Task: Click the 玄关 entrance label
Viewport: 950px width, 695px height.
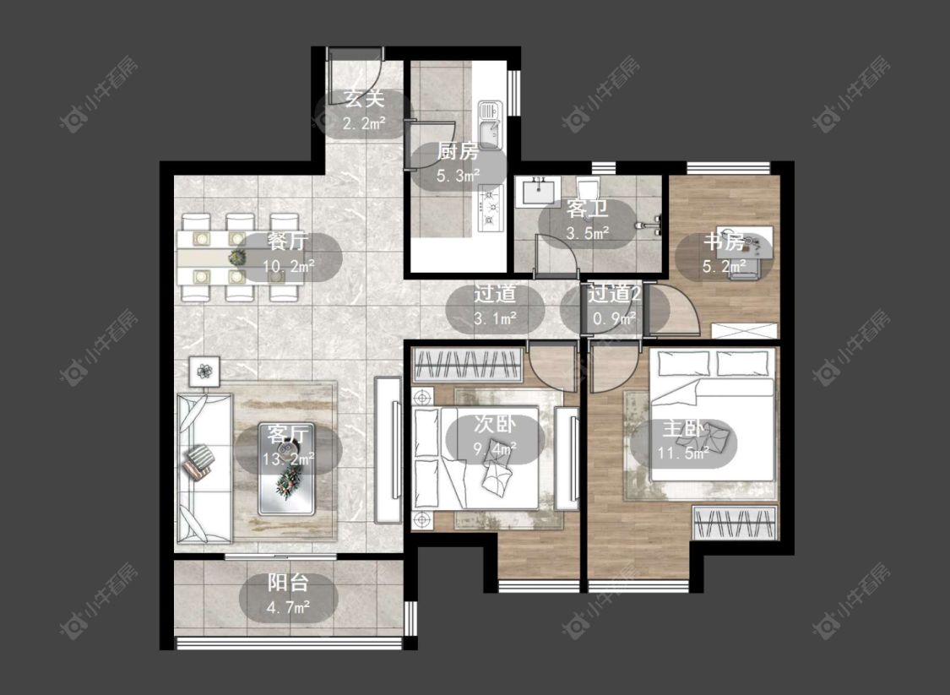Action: (364, 98)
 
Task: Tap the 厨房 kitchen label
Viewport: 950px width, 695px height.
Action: (458, 151)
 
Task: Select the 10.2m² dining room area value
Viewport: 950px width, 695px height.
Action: (289, 265)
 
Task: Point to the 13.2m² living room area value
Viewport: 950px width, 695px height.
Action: (289, 459)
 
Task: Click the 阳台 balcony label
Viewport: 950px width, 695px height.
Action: (289, 583)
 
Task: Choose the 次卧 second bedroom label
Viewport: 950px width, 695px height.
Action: (495, 424)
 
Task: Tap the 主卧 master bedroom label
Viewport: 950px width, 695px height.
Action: (683, 428)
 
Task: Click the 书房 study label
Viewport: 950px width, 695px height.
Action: (724, 242)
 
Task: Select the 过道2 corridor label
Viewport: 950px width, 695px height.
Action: (615, 294)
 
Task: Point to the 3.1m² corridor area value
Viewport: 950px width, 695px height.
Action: (495, 318)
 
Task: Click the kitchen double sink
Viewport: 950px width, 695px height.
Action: (490, 124)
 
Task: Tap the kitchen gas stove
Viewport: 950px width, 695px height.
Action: (491, 208)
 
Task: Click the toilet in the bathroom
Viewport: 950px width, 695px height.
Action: (588, 184)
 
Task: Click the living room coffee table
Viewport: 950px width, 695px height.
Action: (286, 469)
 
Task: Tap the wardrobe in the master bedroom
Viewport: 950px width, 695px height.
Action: (735, 523)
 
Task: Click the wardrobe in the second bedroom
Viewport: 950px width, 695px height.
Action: (467, 365)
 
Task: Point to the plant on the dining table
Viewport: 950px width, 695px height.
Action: (237, 258)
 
